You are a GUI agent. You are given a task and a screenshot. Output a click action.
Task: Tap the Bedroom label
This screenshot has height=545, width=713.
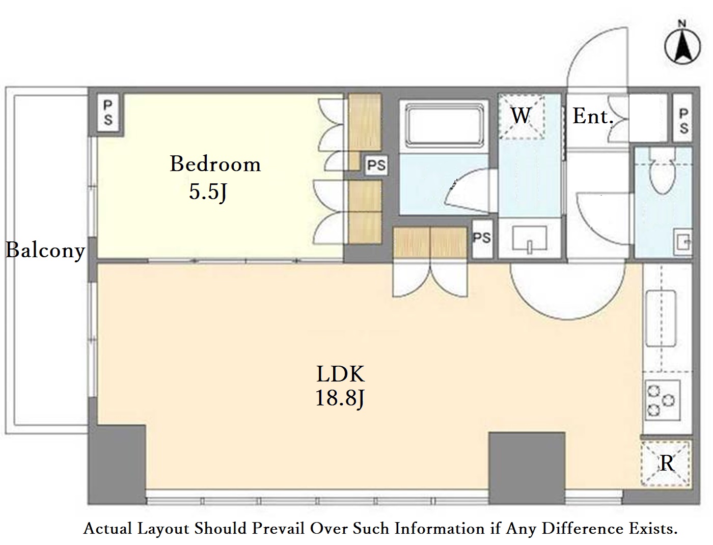click(215, 163)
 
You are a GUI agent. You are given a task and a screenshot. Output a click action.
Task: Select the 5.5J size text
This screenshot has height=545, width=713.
click(208, 192)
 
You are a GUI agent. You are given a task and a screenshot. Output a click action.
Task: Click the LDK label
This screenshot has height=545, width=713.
click(340, 374)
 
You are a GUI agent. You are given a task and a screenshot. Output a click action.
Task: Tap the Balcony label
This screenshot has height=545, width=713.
click(45, 251)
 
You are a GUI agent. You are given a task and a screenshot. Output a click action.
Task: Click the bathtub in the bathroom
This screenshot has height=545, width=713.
click(444, 124)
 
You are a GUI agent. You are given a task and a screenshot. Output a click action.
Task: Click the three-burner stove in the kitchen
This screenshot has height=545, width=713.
click(663, 400)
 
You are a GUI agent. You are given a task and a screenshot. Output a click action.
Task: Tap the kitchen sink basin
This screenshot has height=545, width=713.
click(661, 319)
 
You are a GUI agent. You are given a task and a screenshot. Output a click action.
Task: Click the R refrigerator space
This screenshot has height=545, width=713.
click(665, 464)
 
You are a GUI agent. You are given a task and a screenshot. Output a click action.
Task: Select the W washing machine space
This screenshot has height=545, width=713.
click(522, 116)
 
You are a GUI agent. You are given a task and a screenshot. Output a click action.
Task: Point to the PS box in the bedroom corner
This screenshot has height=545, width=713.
click(108, 113)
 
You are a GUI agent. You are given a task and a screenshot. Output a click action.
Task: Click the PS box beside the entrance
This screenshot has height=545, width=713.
click(683, 118)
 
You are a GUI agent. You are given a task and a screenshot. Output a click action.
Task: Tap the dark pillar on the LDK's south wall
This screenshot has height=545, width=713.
click(527, 468)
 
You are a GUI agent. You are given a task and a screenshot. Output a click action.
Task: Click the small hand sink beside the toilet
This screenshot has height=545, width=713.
click(683, 241)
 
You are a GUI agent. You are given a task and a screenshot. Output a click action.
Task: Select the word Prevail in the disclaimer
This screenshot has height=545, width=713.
click(279, 528)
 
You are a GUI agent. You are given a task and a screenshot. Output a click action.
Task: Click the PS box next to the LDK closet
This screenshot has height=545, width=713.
click(482, 239)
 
